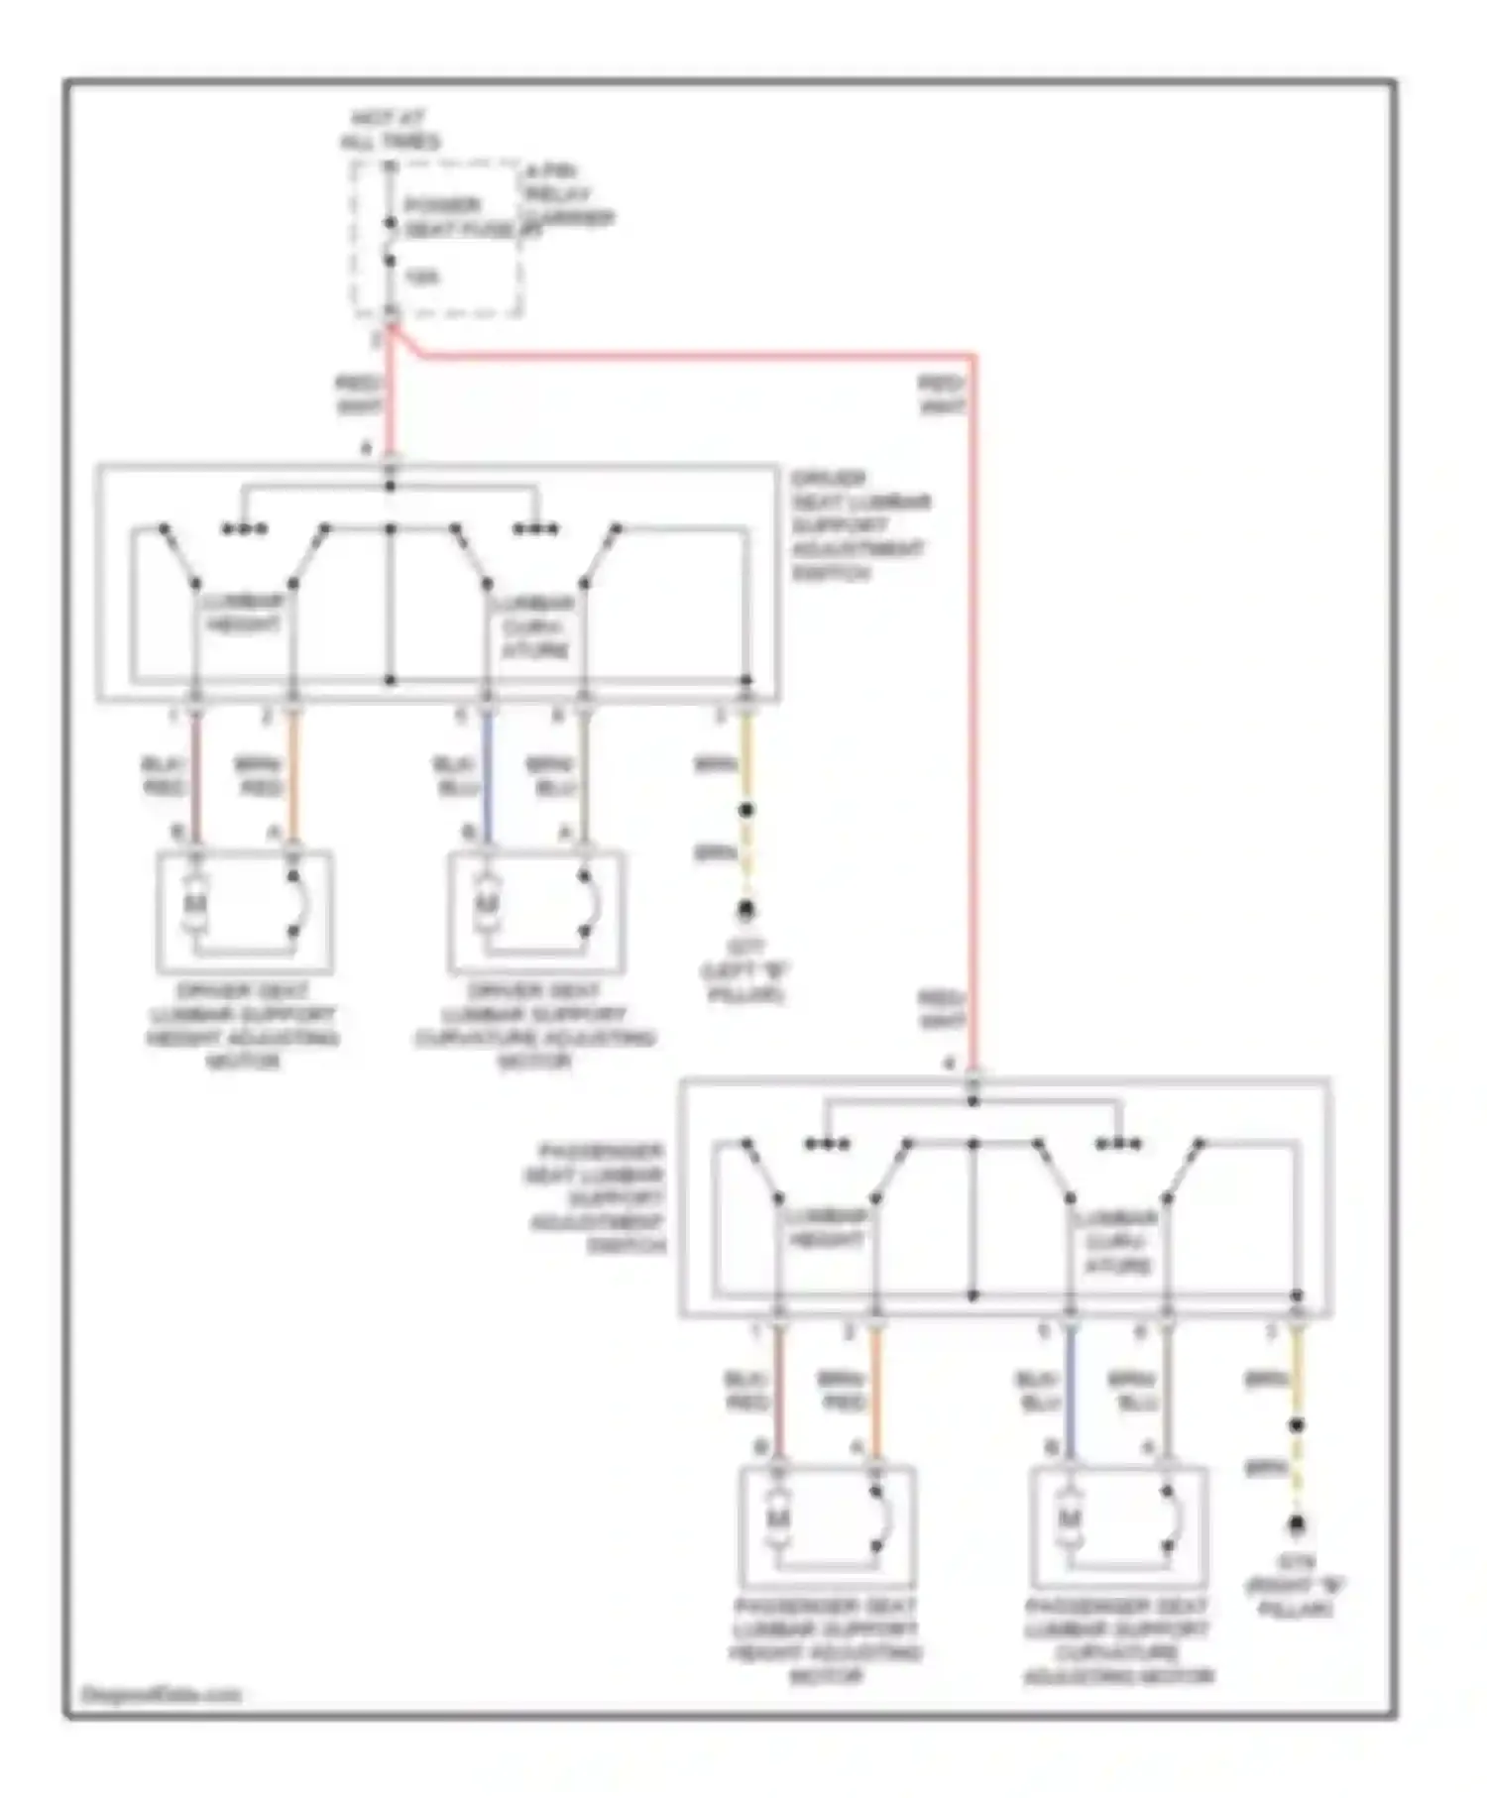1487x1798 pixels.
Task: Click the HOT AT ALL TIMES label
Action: tap(390, 130)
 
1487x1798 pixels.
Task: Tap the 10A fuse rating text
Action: tap(420, 278)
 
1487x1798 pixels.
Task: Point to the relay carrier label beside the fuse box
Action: tap(568, 195)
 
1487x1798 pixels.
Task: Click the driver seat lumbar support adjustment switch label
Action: tap(858, 525)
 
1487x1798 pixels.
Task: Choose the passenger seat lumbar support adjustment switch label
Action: tap(596, 1198)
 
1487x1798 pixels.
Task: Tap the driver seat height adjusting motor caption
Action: tap(243, 1026)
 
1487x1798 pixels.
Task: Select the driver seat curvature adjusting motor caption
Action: tap(534, 1026)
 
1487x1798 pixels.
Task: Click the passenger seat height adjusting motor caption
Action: tap(826, 1640)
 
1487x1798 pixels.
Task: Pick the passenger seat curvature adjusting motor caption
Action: tap(1117, 1640)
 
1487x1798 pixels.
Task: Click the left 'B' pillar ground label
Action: tap(745, 971)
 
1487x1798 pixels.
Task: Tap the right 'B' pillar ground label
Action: tap(1295, 1586)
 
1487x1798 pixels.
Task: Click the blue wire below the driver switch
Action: tap(487, 778)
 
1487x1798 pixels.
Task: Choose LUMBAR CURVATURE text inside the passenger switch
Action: tap(1117, 1241)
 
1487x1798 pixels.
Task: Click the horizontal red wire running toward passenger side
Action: tap(694, 354)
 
